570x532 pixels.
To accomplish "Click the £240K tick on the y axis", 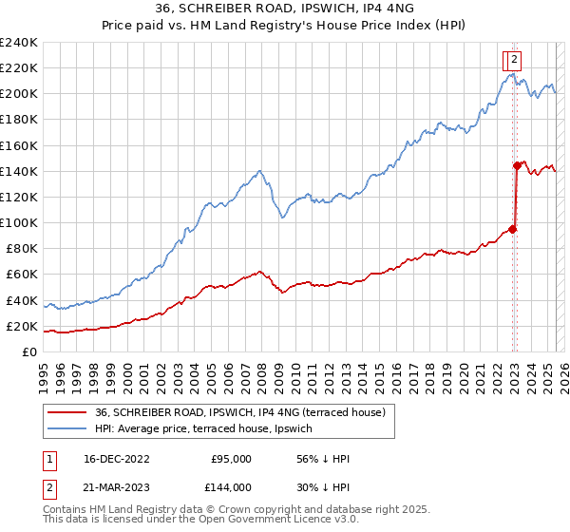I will point(19,43).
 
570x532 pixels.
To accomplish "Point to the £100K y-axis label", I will point(19,222).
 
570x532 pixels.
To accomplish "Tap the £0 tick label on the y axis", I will point(30,352).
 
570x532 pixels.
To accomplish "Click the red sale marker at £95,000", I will point(513,229).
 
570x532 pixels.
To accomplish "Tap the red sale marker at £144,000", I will point(517,165).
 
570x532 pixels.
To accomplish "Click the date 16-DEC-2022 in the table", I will point(115,460).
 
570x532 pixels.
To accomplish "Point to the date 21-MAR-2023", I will point(115,487).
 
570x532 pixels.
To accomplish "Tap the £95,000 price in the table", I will point(231,460).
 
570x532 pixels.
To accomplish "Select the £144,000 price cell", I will point(231,487).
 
